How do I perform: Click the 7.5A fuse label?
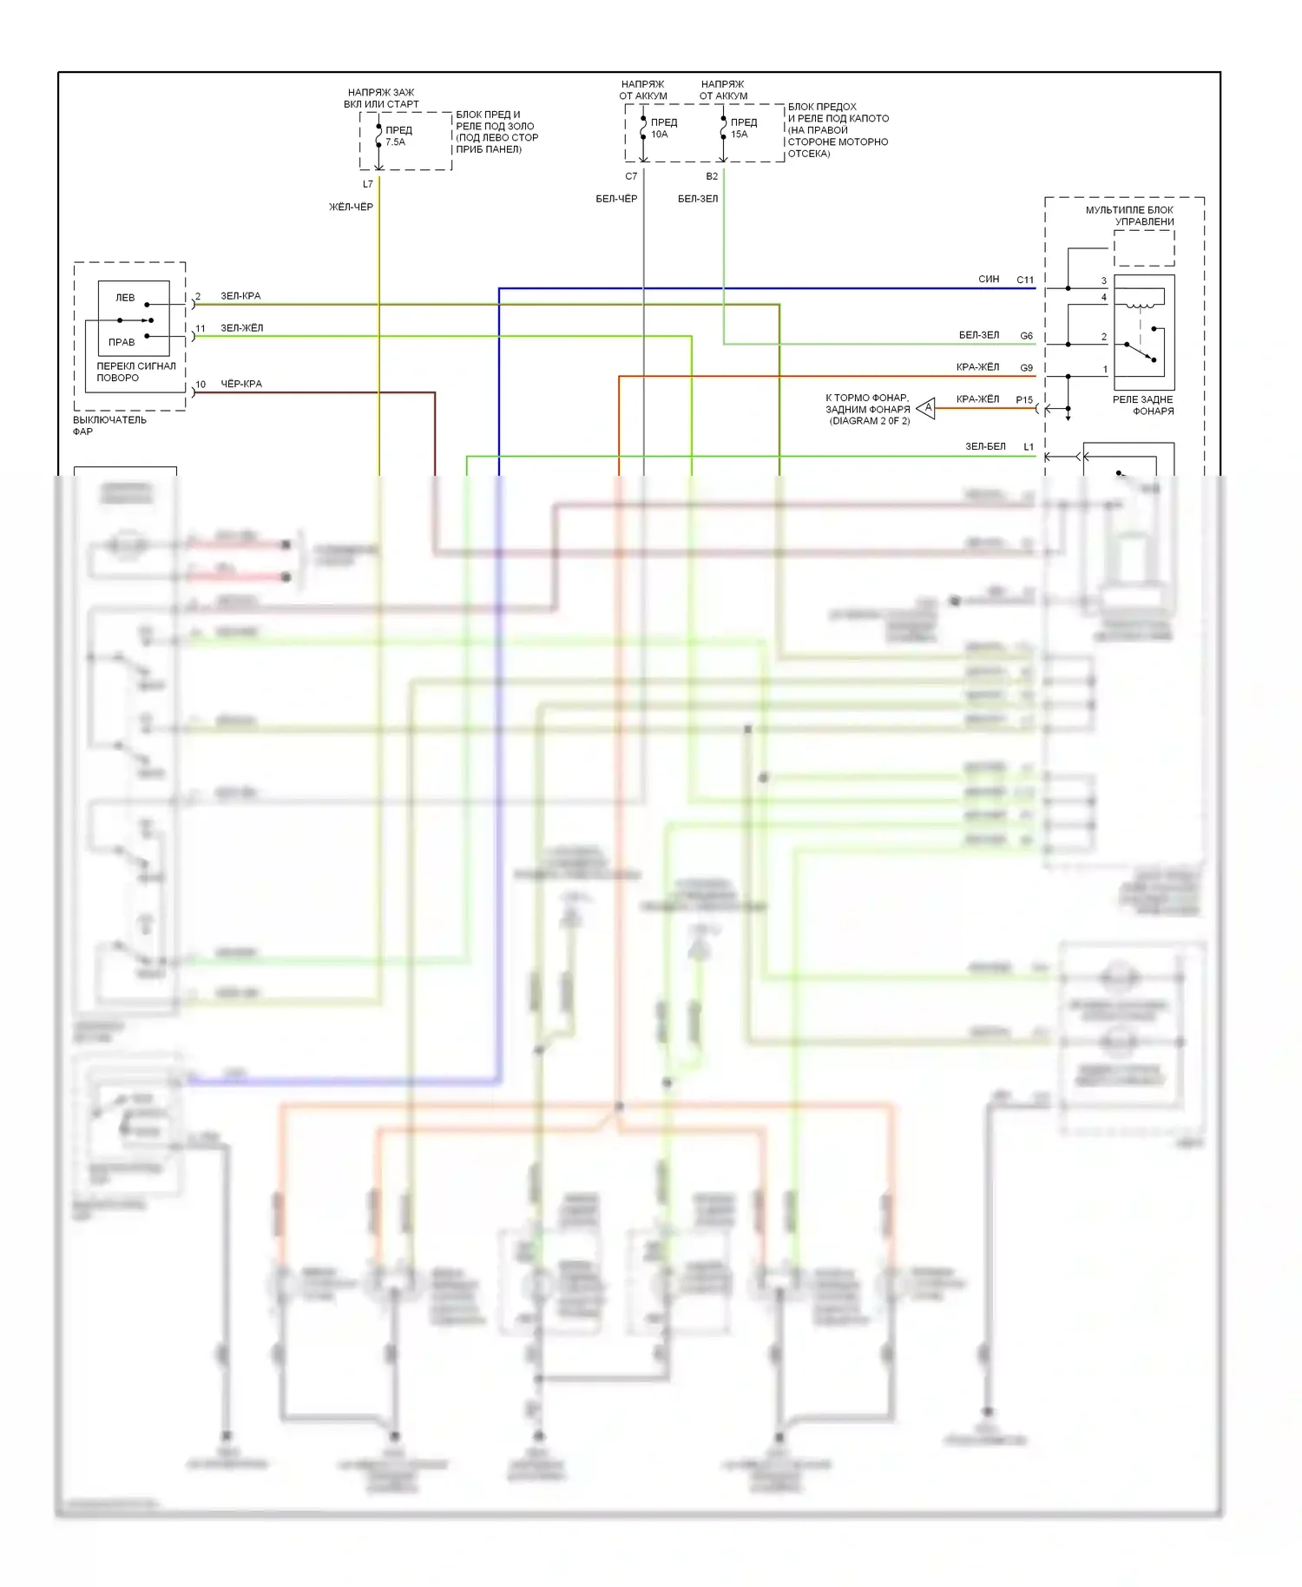(395, 142)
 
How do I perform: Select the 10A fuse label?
(660, 135)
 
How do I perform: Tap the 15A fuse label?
(740, 135)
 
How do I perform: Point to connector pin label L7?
(368, 184)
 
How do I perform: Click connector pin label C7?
(631, 176)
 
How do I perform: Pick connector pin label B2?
(712, 176)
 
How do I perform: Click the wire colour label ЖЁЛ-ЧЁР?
(351, 207)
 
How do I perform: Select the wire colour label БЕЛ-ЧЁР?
(616, 199)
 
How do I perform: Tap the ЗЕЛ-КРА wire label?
(240, 296)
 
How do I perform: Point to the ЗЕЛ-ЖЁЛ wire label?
(241, 328)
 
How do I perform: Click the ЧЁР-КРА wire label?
(241, 384)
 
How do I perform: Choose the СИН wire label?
(989, 280)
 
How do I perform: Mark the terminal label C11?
(1025, 280)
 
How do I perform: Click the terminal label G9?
(1026, 368)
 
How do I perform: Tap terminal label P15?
(1024, 400)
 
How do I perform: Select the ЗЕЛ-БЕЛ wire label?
(985, 446)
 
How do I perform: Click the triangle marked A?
(927, 407)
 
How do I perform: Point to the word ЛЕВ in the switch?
(125, 298)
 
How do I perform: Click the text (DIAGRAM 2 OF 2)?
(869, 421)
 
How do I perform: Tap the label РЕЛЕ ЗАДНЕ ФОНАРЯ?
(1143, 405)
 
